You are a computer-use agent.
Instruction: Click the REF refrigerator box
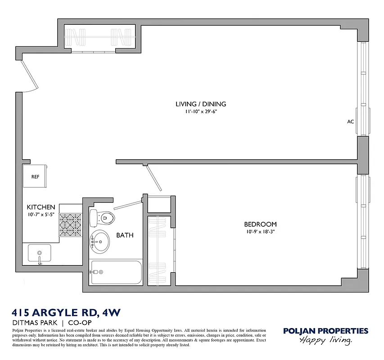pyautogui.click(x=35, y=176)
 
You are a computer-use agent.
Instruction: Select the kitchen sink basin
pyautogui.click(x=40, y=253)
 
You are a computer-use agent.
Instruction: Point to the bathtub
pyautogui.click(x=116, y=272)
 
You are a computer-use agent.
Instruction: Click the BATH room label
pyautogui.click(x=125, y=235)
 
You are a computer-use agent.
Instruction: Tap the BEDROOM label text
pyautogui.click(x=260, y=224)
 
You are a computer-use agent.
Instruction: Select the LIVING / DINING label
pyautogui.click(x=201, y=104)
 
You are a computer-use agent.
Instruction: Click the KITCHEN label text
pyautogui.click(x=41, y=207)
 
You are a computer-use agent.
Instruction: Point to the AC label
pyautogui.click(x=350, y=121)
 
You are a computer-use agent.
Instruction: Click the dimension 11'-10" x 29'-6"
pyautogui.click(x=201, y=112)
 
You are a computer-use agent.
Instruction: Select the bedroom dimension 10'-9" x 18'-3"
pyautogui.click(x=260, y=232)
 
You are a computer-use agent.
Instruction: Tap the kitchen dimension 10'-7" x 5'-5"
pyautogui.click(x=41, y=214)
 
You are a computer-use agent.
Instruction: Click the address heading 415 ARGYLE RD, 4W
pyautogui.click(x=65, y=312)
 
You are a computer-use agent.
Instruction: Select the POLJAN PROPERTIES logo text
pyautogui.click(x=325, y=331)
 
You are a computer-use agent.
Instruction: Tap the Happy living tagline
pyautogui.click(x=325, y=341)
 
